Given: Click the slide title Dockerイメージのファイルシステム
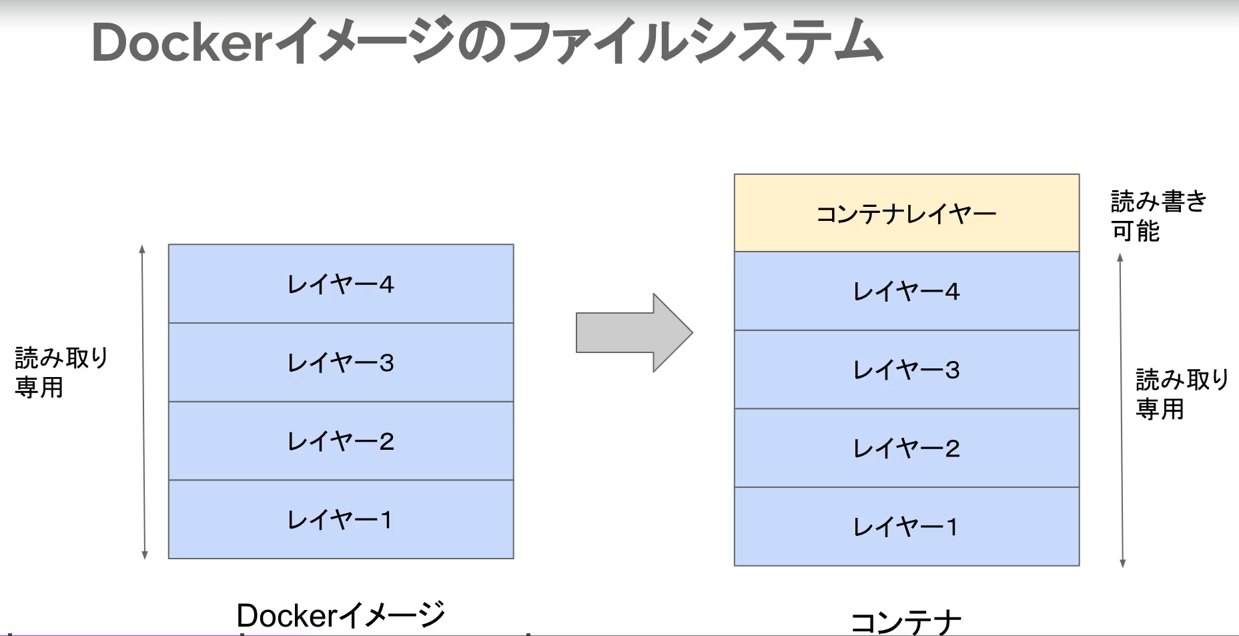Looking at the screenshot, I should (487, 42).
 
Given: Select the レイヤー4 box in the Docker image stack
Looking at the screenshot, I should (341, 284).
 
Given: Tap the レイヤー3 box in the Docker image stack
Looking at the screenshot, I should (341, 362).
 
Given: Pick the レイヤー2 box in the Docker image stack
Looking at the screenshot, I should (341, 441).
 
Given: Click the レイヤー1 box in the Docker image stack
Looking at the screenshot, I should (341, 519).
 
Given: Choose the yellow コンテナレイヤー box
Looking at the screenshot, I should (906, 214).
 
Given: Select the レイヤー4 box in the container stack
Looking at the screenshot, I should (906, 291).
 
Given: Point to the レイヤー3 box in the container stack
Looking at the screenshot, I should (906, 370).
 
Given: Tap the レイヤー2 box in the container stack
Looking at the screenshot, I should (906, 448).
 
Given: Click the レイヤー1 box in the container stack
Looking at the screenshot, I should (906, 527).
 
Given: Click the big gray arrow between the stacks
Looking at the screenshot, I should (634, 332).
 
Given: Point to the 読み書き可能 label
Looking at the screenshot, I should (1158, 216).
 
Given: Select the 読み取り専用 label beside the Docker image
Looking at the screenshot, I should (61, 372).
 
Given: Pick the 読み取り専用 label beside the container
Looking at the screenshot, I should (1182, 394).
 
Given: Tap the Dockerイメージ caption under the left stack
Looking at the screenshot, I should (340, 615).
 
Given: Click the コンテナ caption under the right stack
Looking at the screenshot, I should (906, 623).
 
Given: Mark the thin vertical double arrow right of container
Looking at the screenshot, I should (1122, 410).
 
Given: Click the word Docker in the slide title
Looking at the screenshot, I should (180, 43).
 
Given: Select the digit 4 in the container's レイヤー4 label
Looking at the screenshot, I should (952, 292).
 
